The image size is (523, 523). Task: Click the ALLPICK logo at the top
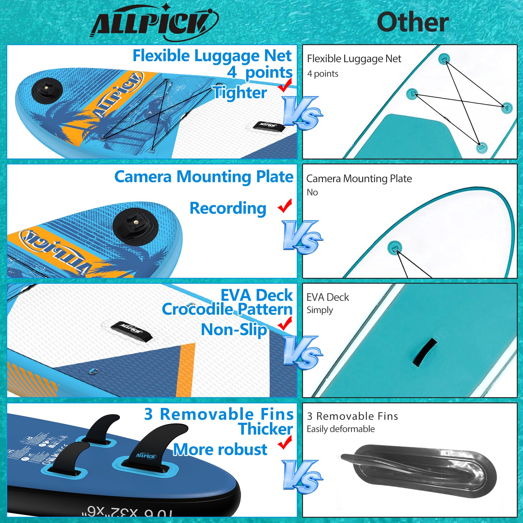click(x=154, y=23)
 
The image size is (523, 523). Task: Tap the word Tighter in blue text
click(x=240, y=93)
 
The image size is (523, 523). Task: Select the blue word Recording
click(x=228, y=208)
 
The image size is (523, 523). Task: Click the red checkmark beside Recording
click(x=285, y=206)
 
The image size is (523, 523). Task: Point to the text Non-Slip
click(x=234, y=329)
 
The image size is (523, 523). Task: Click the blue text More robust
click(x=220, y=449)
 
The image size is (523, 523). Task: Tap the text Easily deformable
click(x=341, y=429)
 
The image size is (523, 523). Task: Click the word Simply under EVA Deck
click(x=320, y=310)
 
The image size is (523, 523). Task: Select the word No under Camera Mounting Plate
click(x=312, y=193)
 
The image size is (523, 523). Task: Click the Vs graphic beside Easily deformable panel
click(x=302, y=476)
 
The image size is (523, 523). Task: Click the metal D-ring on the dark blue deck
click(x=93, y=371)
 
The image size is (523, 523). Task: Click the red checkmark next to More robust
click(x=285, y=443)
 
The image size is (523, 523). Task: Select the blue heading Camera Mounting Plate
click(x=204, y=177)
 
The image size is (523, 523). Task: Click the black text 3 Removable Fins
click(x=352, y=416)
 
